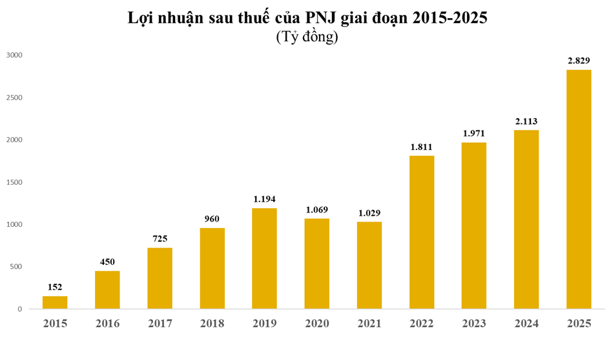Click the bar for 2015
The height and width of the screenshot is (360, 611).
55,302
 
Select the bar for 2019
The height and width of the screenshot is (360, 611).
264,259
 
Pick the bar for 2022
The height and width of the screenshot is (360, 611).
422,233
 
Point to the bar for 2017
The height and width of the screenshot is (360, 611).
160,279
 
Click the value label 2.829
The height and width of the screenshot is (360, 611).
579,61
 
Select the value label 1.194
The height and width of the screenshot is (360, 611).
264,199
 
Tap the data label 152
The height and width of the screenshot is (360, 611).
55,287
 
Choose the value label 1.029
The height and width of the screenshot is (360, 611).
369,213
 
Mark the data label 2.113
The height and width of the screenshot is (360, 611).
526,121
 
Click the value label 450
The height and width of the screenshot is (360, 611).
107,262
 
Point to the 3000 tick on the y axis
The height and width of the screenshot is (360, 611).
14,56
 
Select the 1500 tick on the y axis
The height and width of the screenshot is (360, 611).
14,182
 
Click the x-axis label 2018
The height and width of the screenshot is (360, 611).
212,323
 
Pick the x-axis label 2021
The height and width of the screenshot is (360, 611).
369,323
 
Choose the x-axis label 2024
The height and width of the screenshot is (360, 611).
526,323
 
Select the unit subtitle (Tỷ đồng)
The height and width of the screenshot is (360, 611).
307,37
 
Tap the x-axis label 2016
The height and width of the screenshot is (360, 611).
107,323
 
